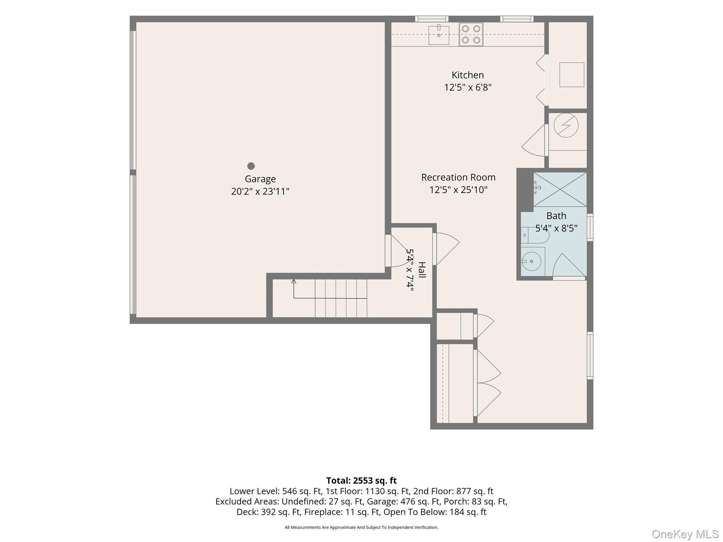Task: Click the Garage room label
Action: point(260,179)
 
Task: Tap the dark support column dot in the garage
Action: point(251,166)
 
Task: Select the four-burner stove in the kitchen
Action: point(471,35)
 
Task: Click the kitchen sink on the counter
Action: point(439,35)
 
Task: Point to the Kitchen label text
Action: point(468,75)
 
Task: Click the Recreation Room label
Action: point(458,177)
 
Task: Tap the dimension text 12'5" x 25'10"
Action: point(458,190)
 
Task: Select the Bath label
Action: point(556,216)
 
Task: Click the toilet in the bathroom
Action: point(535,235)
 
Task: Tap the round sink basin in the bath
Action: point(531,261)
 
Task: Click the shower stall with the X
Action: point(560,189)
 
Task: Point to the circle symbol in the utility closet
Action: point(566,125)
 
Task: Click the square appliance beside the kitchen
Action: point(572,75)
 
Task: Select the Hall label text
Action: point(422,270)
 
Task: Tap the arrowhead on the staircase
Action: point(294,281)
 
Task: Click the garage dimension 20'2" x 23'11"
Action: point(260,191)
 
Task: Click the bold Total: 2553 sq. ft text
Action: point(361,481)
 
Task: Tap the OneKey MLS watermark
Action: point(685,534)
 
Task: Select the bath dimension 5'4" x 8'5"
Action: point(556,228)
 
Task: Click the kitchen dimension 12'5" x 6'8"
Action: point(468,87)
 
